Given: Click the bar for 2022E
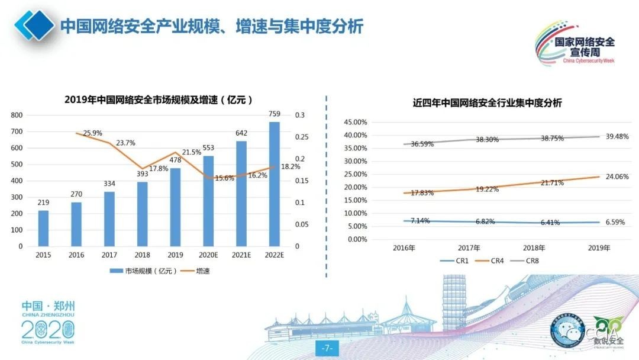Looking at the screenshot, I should (274, 184).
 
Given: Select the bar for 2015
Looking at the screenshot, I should (43, 228).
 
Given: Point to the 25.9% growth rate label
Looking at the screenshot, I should (93, 133).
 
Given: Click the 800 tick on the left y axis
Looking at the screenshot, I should (17, 115).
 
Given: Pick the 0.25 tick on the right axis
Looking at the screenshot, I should (302, 137).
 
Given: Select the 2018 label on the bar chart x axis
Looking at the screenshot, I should (142, 255).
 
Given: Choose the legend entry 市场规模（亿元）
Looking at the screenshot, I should (135, 271).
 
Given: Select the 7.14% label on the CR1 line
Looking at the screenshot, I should (419, 221).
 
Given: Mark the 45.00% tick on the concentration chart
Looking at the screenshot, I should (355, 122).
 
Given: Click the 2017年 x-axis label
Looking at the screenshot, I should (469, 247).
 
